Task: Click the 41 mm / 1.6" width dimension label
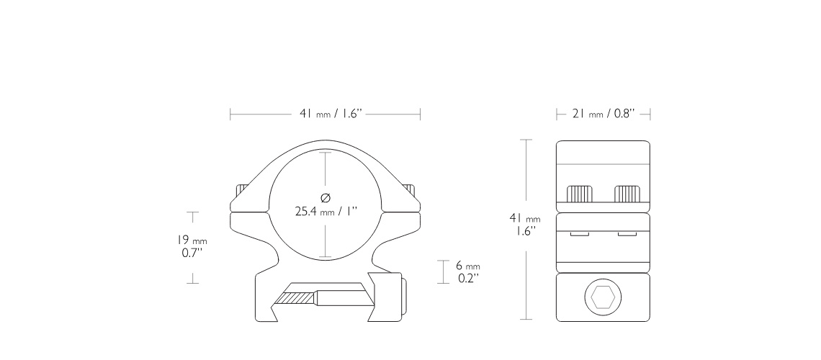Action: click(x=331, y=114)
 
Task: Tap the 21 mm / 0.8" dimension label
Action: click(x=604, y=114)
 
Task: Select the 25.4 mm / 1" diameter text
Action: click(x=326, y=212)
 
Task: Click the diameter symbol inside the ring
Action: click(x=326, y=198)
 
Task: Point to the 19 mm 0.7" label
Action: click(x=192, y=246)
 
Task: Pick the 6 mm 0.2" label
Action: click(x=468, y=272)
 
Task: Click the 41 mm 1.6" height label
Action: click(x=525, y=225)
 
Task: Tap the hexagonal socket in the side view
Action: click(x=603, y=298)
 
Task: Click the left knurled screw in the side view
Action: click(x=579, y=194)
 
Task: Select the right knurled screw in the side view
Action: click(x=627, y=194)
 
